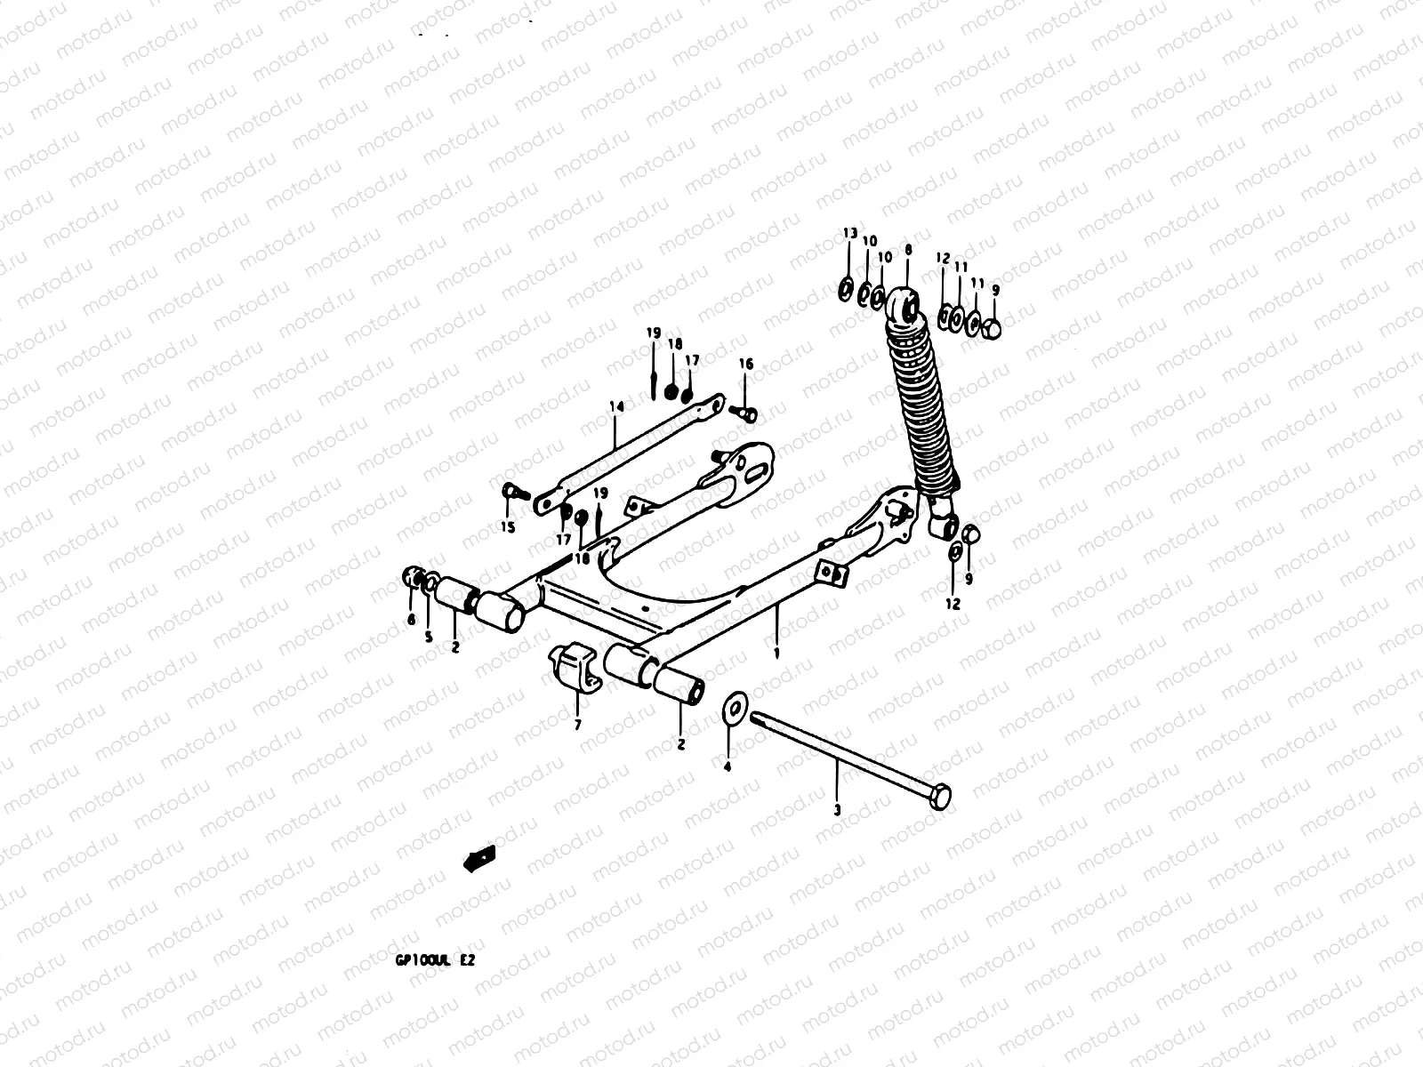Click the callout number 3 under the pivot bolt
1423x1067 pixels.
coord(836,810)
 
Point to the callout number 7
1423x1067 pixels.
coord(577,725)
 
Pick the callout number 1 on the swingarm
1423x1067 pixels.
coord(776,653)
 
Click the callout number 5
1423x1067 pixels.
coord(428,637)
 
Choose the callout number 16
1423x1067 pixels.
coord(745,364)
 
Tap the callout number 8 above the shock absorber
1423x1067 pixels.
coord(907,252)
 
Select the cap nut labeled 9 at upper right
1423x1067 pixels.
coord(994,329)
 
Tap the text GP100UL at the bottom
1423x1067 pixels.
coord(422,963)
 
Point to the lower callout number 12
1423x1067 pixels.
coord(953,604)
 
